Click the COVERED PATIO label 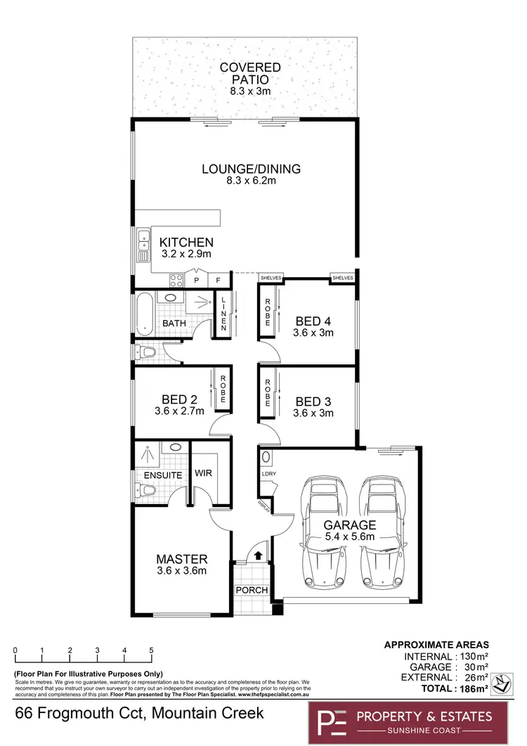pyautogui.click(x=250, y=73)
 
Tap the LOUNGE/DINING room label pyautogui.click(x=251, y=169)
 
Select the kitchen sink pyautogui.click(x=143, y=242)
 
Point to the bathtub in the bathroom pyautogui.click(x=143, y=313)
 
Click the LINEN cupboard pyautogui.click(x=223, y=314)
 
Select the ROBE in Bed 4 pyautogui.click(x=268, y=313)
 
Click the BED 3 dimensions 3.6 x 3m pyautogui.click(x=313, y=413)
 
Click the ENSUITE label pyautogui.click(x=163, y=475)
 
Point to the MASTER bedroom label pyautogui.click(x=181, y=559)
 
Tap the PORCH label pyautogui.click(x=251, y=589)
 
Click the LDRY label pyautogui.click(x=268, y=474)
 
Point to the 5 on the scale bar pyautogui.click(x=151, y=650)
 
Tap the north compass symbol pyautogui.click(x=501, y=683)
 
